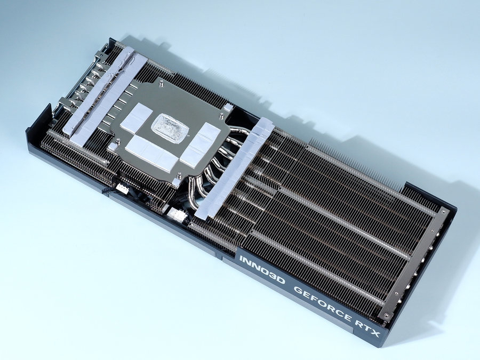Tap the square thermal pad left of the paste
(136, 118)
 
